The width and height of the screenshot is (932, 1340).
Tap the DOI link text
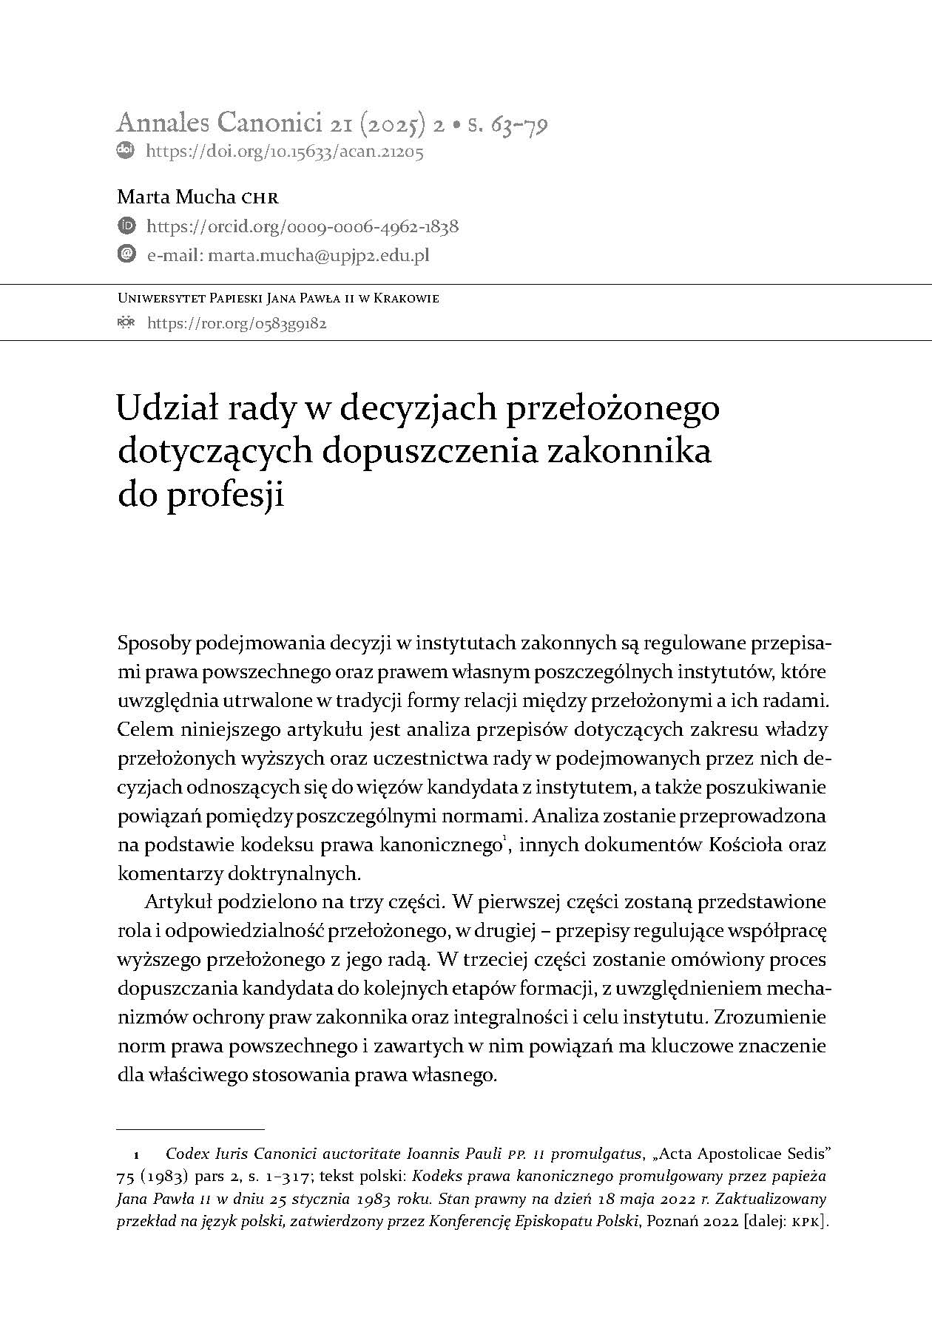(285, 152)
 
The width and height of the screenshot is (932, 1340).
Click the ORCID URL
(303, 226)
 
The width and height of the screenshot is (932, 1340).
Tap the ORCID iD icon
(126, 226)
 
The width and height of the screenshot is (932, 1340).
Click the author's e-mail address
(319, 255)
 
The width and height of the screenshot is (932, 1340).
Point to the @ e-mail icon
(126, 254)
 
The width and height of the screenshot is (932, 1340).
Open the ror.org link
(237, 323)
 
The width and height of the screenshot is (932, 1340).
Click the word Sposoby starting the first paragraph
(153, 643)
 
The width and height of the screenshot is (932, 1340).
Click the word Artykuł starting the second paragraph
(177, 902)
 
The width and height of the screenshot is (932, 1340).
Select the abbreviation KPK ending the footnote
(806, 1222)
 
